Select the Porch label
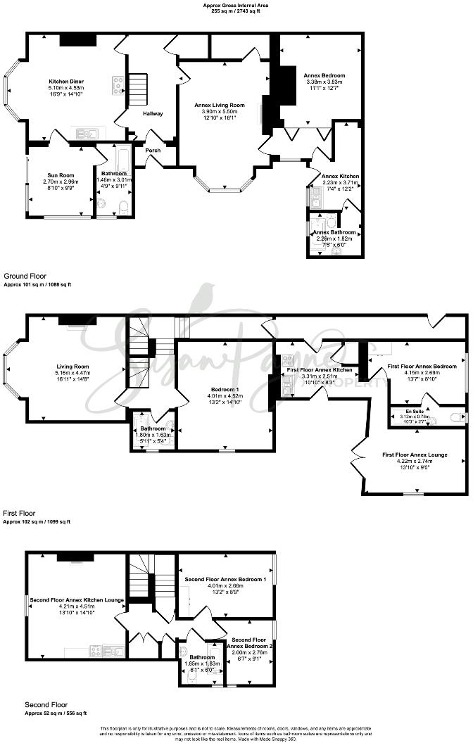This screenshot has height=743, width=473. [x=153, y=150]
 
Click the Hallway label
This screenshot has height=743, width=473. [x=153, y=113]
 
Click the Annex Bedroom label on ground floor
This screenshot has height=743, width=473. [x=323, y=75]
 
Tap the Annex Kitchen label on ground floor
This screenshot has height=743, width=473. [x=340, y=176]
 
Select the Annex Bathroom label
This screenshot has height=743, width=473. [x=334, y=232]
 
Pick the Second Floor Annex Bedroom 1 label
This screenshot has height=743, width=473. [x=225, y=578]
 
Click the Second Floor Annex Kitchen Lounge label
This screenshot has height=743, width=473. [x=77, y=600]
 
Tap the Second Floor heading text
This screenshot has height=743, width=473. [x=46, y=704]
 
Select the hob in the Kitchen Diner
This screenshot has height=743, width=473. [x=118, y=85]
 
